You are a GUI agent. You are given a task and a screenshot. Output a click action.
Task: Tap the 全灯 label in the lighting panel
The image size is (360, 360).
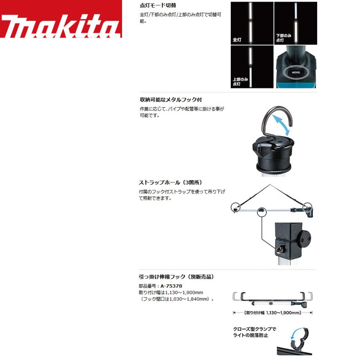click(x=237, y=40)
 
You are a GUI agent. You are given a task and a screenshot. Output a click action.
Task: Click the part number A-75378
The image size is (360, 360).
click(x=171, y=286)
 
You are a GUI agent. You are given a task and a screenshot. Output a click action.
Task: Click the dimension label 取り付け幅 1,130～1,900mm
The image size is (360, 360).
click(x=272, y=313)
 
